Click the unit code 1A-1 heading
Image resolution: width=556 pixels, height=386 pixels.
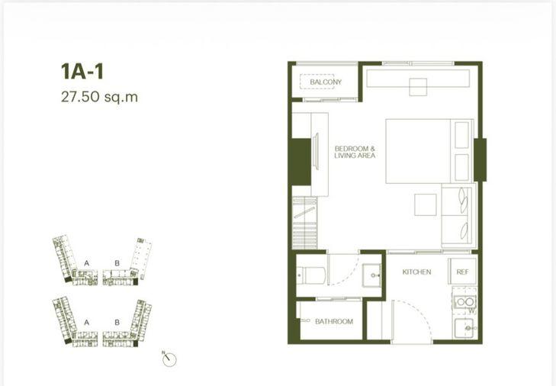(82, 72)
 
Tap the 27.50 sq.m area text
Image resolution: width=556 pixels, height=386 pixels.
(99, 97)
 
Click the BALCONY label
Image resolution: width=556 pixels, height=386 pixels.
(326, 82)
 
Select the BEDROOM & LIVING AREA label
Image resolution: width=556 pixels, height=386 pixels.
(355, 152)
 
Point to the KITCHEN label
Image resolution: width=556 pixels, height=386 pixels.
(416, 272)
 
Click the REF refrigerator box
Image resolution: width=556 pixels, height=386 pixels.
(462, 271)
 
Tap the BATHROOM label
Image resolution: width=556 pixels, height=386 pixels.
(334, 321)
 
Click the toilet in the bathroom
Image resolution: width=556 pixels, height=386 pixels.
(311, 275)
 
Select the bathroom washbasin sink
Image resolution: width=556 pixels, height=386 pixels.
(371, 275)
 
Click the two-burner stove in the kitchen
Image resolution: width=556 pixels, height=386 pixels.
(465, 302)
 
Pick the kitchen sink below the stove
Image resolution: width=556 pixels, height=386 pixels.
(464, 328)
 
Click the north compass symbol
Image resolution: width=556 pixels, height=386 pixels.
(169, 359)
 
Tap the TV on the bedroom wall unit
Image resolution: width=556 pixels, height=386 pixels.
(317, 152)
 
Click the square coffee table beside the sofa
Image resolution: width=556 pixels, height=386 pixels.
(426, 204)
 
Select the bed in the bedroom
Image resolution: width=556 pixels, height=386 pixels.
(429, 151)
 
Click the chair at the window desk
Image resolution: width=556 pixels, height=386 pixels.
(418, 87)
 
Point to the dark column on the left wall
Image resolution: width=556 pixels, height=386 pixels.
(300, 162)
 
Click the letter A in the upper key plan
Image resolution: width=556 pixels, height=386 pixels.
(87, 263)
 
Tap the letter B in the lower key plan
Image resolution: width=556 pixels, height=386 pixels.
(117, 323)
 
